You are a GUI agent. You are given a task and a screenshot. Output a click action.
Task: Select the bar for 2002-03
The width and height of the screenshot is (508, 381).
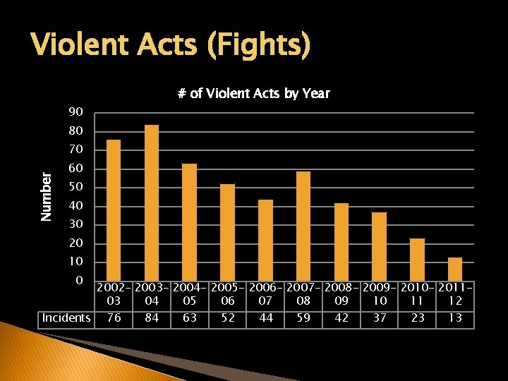114,210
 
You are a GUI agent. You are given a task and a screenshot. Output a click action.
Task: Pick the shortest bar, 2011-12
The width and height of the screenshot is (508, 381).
455,269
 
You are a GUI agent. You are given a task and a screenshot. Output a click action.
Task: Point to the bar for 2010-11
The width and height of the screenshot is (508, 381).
417,259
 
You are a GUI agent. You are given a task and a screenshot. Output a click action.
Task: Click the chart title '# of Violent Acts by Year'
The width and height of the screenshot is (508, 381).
253,93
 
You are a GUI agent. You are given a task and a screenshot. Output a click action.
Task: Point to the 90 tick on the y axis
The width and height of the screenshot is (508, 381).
75,112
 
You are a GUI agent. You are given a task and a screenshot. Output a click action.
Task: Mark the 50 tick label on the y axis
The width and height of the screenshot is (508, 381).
75,187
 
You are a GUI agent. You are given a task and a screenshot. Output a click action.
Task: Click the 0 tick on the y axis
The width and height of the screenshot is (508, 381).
79,280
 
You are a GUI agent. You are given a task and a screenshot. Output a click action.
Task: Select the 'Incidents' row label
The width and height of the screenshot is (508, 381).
66,317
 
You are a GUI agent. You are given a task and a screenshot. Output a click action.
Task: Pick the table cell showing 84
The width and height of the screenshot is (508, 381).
152,317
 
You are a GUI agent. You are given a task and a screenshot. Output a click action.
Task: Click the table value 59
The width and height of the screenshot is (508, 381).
303,317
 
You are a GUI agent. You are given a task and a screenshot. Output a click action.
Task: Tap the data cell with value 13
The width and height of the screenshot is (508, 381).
455,317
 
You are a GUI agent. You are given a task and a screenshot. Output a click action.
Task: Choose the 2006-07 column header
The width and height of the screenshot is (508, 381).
265,294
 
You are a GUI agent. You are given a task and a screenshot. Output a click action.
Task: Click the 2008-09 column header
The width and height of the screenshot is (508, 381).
341,294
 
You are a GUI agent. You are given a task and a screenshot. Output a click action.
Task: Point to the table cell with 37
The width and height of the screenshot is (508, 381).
380,317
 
